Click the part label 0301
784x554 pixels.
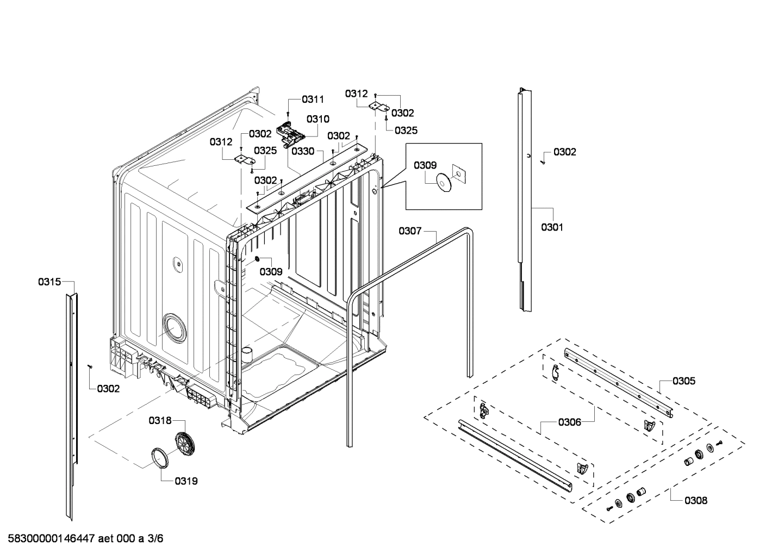coord(552,227)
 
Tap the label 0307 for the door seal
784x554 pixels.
coord(410,231)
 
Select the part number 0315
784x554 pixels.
coord(49,282)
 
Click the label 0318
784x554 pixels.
coord(160,420)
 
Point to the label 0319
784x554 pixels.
coord(186,481)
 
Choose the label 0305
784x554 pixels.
coord(683,381)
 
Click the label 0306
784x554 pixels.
coord(569,422)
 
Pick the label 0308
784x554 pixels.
coord(696,500)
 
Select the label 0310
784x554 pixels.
coord(318,119)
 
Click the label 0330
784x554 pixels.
coord(303,151)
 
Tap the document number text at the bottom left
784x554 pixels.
coord(82,539)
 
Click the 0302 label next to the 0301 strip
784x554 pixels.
coord(564,152)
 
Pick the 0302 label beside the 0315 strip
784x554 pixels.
coord(108,389)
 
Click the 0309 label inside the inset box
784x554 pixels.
coord(425,165)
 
